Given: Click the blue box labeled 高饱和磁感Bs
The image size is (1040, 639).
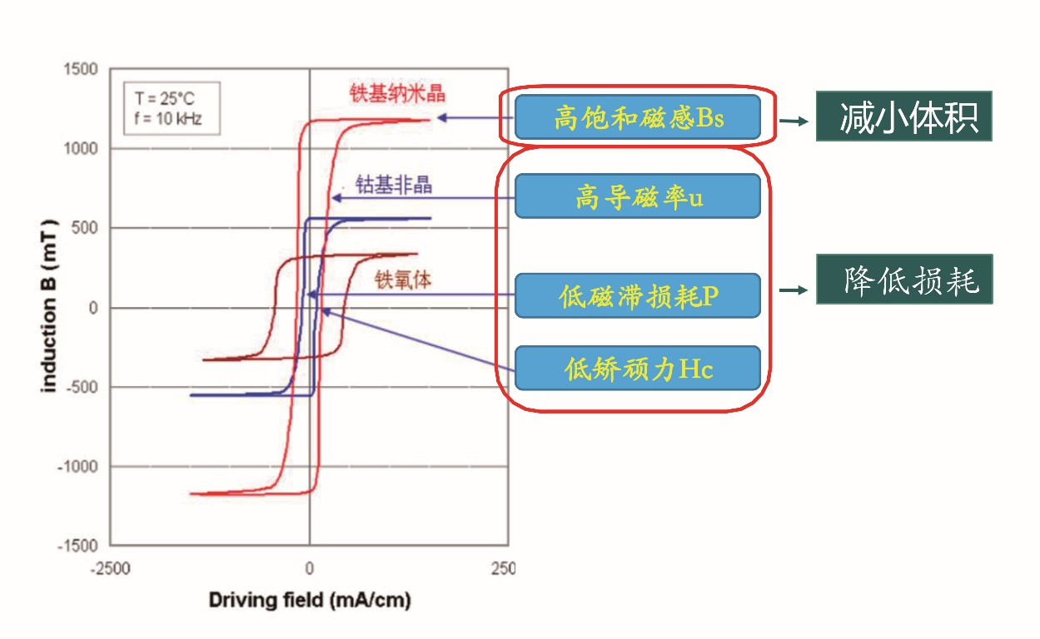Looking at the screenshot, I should point(637,117).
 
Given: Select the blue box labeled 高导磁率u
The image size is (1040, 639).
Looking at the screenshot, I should point(637,196).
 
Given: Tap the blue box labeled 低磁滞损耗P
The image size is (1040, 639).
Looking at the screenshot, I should point(637,295).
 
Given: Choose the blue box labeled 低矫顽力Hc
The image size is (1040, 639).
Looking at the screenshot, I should point(637,368).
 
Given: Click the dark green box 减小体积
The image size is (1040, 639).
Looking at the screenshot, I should point(903,116).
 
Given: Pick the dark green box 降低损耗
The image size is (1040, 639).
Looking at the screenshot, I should point(903,279).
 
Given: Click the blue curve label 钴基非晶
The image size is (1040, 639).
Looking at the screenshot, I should point(394,184).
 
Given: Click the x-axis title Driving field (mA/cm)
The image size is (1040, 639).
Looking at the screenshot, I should point(310,600).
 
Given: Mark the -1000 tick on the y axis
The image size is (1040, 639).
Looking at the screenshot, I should point(77,467).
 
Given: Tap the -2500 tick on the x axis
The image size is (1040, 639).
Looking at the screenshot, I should point(112,569).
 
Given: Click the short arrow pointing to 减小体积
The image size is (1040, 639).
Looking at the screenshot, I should point(795,121).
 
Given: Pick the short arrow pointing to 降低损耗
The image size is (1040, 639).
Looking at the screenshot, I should point(795,290).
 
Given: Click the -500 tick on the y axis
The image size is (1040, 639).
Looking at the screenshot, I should point(81,388).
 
